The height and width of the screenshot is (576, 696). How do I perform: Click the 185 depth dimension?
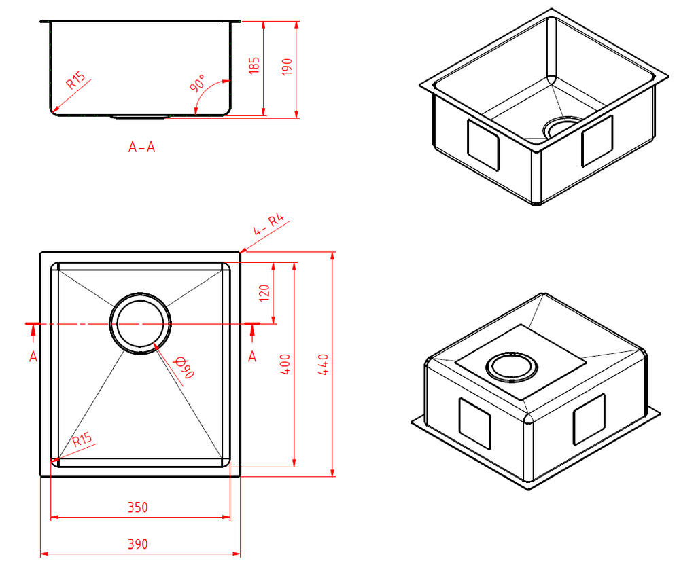pos(255,66)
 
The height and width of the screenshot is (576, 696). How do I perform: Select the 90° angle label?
pos(198,84)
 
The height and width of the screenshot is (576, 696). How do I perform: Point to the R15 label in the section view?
pos(76,82)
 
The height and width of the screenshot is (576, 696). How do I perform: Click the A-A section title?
pos(141,147)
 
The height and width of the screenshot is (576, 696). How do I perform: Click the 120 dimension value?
pos(265,292)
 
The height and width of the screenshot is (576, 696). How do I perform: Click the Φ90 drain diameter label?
pos(184,367)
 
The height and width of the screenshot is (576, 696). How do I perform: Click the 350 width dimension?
pos(137,507)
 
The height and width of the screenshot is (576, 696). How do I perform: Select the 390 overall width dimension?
pos(137,544)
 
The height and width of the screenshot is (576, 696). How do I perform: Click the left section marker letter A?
pos(33,357)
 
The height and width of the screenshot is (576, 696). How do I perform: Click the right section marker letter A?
pos(251,357)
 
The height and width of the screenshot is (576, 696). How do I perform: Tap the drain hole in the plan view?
pos(141,325)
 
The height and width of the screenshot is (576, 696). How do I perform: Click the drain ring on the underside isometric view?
pos(512,367)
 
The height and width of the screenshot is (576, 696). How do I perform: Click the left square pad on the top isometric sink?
pos(483,145)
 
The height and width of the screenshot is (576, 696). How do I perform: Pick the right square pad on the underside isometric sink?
pos(589,419)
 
